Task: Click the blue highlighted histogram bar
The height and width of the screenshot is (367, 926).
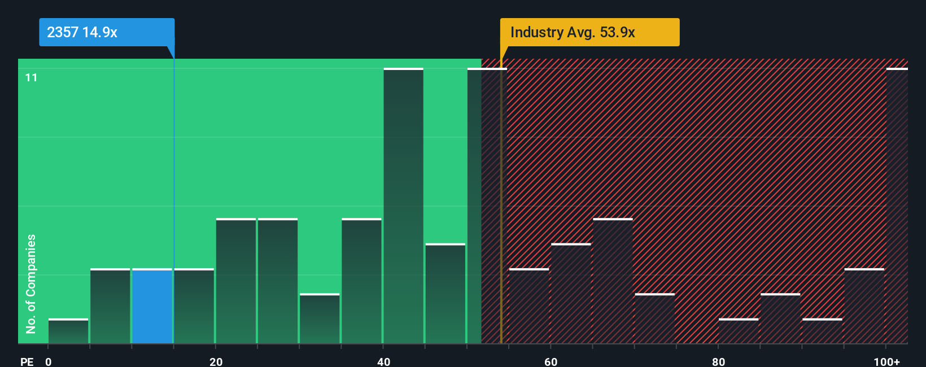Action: point(152,306)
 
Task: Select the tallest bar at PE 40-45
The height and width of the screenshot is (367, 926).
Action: point(403,206)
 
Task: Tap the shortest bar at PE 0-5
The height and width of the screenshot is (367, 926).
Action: point(68,331)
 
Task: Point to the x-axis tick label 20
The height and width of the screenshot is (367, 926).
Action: point(216,361)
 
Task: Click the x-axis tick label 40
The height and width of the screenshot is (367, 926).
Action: point(383,361)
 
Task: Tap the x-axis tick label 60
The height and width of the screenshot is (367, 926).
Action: point(551,361)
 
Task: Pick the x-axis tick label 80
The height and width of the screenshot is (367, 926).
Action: point(718,361)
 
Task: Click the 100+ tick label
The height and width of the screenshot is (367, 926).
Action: point(886,361)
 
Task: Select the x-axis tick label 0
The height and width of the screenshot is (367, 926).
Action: point(49,361)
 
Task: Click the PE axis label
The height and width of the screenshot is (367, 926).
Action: point(27,361)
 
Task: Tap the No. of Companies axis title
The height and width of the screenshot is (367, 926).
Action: point(31,283)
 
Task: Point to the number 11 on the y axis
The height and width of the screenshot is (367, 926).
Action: point(31,77)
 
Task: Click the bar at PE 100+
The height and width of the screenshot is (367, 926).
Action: point(897,206)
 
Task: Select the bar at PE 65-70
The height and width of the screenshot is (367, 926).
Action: point(613,281)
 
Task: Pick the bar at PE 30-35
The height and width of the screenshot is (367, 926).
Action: point(320,318)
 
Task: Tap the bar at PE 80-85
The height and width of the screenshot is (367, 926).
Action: point(739,331)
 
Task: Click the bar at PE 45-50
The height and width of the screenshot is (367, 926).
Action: point(445,294)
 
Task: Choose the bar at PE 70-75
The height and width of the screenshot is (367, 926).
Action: point(654,318)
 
